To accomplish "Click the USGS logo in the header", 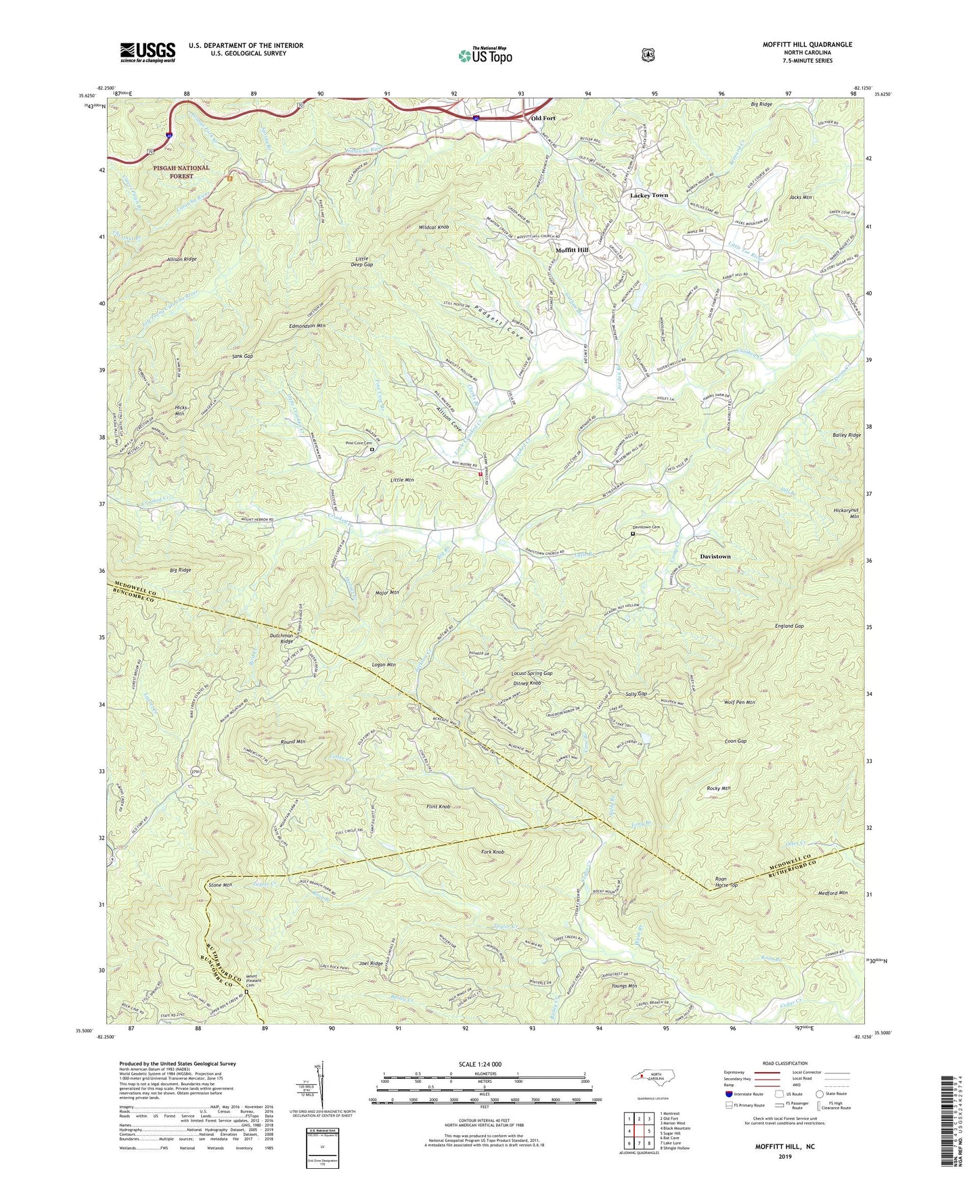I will click(x=148, y=52).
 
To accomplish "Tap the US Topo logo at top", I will click(x=483, y=55).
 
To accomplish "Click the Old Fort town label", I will click(x=543, y=118).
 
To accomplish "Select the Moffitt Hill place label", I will click(x=572, y=250).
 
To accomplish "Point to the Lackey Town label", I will click(x=648, y=195).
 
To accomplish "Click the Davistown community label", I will click(x=715, y=556).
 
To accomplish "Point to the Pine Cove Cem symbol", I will click(x=372, y=449).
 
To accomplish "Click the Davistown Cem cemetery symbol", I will click(x=633, y=534).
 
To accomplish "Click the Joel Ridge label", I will click(x=371, y=963).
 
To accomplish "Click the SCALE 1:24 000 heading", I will click(x=483, y=1064).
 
